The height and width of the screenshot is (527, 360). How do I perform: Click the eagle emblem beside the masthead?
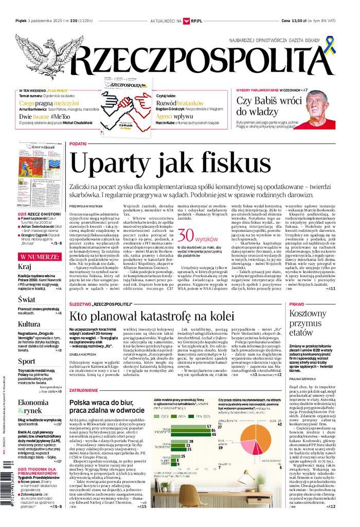[x=49, y=54]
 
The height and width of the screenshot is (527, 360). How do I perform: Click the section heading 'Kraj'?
[x=25, y=267]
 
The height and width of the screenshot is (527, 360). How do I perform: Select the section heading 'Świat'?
[x=26, y=299]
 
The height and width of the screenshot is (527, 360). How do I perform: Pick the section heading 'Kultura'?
[x=29, y=324]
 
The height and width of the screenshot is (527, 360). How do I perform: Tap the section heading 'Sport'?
[x=26, y=361]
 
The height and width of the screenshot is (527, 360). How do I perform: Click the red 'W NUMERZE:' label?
[x=39, y=255]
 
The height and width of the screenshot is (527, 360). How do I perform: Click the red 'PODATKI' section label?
[x=78, y=144]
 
